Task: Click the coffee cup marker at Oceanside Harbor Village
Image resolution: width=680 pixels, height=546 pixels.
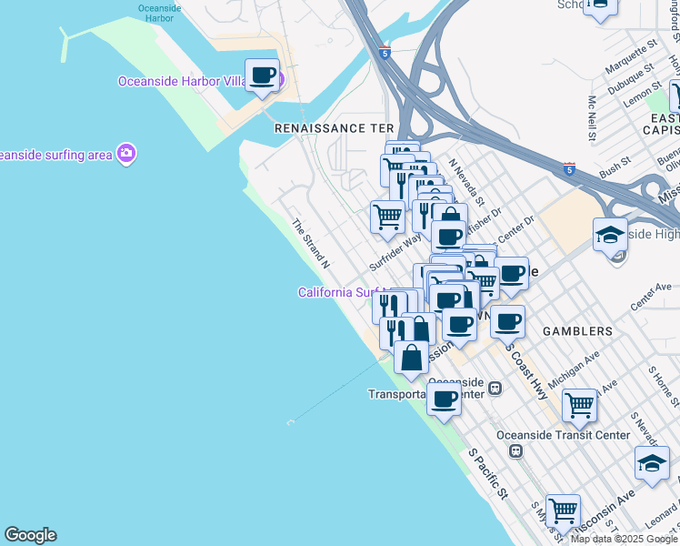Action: pos(263,76)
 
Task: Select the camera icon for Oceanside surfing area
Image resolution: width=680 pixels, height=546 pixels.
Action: pos(126,153)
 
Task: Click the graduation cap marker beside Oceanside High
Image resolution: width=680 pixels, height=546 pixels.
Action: pos(610,234)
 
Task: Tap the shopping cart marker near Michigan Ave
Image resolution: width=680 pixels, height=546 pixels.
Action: pos(579,405)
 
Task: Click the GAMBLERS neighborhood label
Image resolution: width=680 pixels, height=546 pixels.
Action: pos(579,331)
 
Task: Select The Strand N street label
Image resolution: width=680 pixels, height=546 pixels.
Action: pos(310,243)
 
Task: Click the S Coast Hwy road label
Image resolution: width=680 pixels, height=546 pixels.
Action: pos(526,370)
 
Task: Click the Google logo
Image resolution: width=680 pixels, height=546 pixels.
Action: pos(30,535)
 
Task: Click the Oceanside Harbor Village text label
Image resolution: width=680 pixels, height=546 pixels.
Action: pos(182,81)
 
